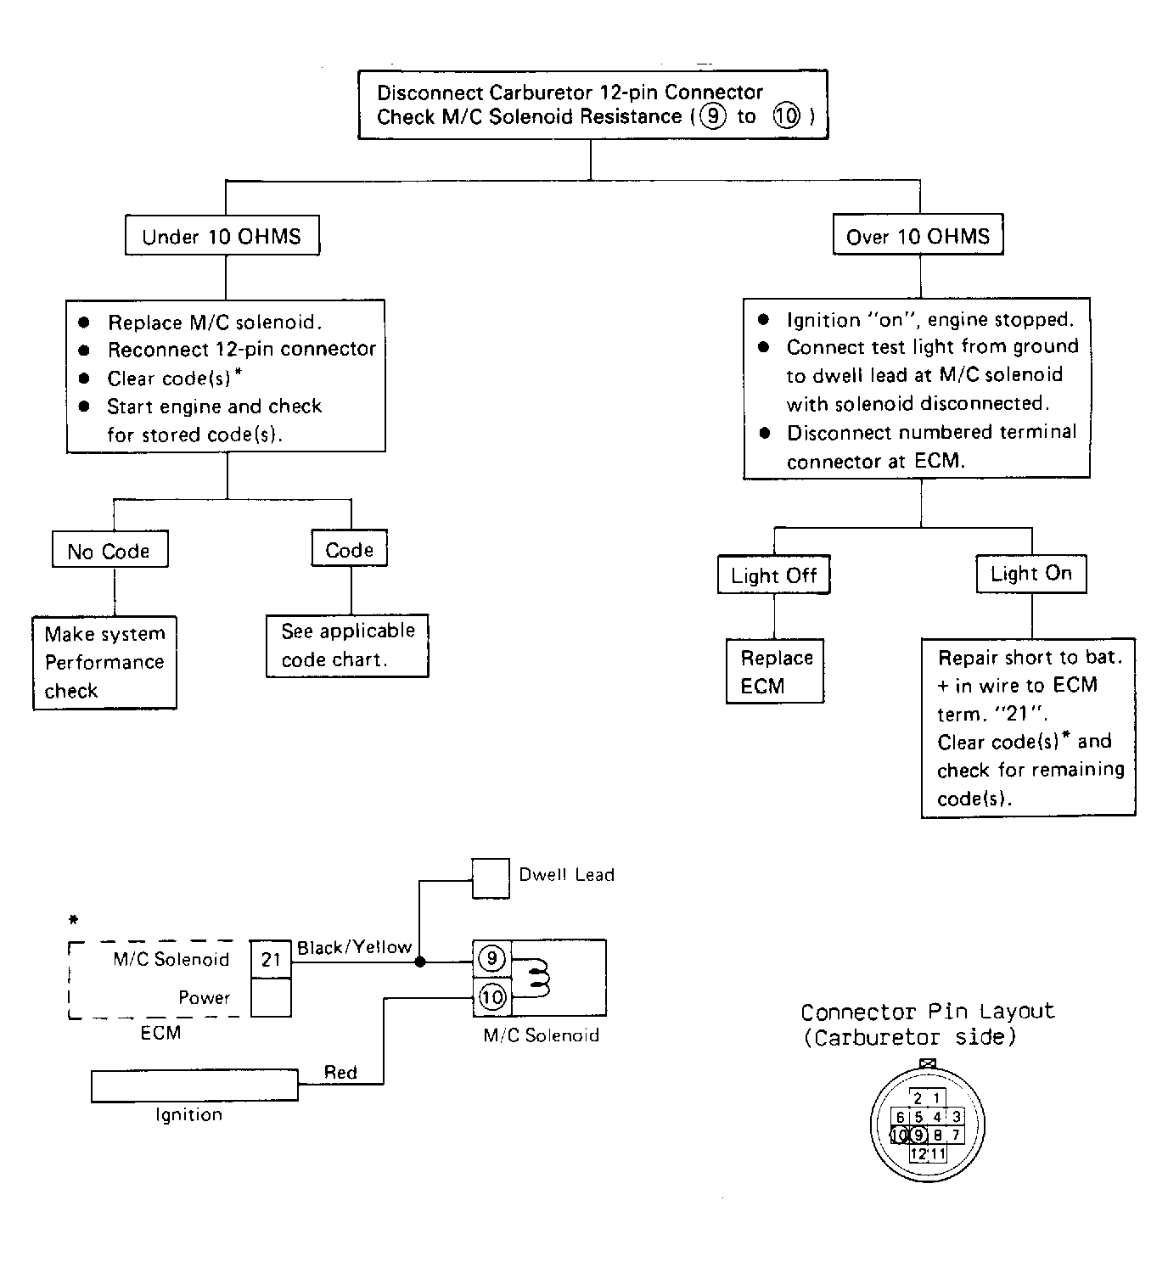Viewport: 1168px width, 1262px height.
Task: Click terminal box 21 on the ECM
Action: pyautogui.click(x=271, y=959)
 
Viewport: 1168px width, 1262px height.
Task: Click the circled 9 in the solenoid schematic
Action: pyautogui.click(x=491, y=958)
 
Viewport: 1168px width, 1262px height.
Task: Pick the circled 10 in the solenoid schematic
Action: pyautogui.click(x=492, y=997)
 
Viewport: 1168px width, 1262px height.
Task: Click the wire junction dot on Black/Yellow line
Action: pyautogui.click(x=419, y=962)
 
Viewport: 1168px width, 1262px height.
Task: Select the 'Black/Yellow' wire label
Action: pyautogui.click(x=354, y=947)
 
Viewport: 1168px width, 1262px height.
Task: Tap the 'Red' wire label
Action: pyautogui.click(x=340, y=1072)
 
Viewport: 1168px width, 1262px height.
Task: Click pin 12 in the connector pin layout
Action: pyautogui.click(x=918, y=1154)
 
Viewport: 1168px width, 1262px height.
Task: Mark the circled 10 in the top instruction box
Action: pyautogui.click(x=787, y=116)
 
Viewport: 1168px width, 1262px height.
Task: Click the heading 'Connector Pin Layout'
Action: pyautogui.click(x=927, y=1011)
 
